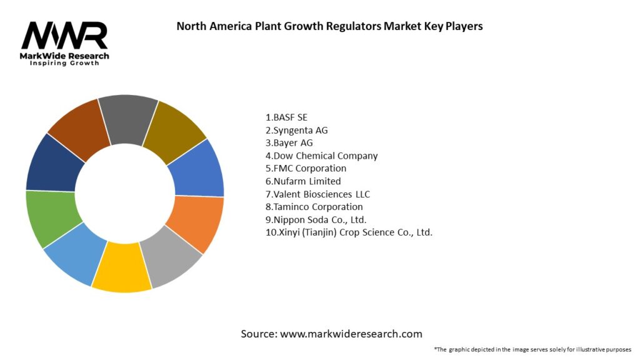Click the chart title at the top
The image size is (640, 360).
(x=329, y=26)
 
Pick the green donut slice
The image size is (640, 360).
(x=52, y=219)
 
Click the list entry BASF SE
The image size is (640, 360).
(x=287, y=117)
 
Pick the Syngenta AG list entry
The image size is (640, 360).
(x=297, y=130)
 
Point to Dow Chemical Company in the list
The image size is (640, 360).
(x=322, y=156)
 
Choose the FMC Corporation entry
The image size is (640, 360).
(x=306, y=168)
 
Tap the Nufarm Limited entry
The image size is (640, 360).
(x=303, y=181)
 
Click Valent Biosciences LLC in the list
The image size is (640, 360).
(x=317, y=194)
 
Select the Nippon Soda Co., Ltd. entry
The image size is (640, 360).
(x=316, y=219)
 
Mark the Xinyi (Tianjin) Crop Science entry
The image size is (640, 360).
(x=349, y=232)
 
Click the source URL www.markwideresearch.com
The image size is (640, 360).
(x=351, y=334)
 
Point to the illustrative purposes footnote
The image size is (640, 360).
(x=532, y=349)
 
